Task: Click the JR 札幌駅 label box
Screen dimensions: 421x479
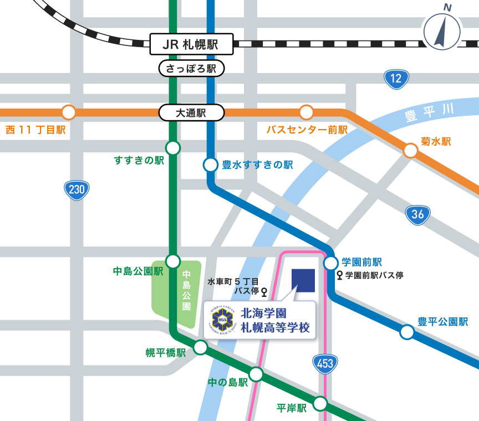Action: [191, 44]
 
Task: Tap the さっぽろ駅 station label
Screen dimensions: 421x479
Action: [191, 69]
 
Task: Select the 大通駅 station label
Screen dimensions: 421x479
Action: [191, 113]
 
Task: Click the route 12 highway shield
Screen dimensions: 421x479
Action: [396, 79]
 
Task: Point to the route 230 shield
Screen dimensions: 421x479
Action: [77, 190]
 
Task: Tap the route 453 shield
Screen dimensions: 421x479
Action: [325, 363]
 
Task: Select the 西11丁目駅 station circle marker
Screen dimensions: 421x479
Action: [69, 112]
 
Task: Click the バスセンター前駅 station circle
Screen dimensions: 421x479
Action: [307, 112]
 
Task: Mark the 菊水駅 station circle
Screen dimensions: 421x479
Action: [410, 150]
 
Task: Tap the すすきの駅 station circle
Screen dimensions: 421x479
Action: [173, 148]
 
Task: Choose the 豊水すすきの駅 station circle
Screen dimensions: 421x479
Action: [211, 165]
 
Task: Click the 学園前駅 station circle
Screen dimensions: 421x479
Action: [331, 263]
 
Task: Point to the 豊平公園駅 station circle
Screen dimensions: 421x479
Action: [407, 332]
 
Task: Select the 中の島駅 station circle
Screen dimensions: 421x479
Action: [256, 374]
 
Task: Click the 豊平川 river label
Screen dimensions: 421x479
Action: [429, 112]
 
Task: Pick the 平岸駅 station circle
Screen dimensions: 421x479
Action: [320, 404]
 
